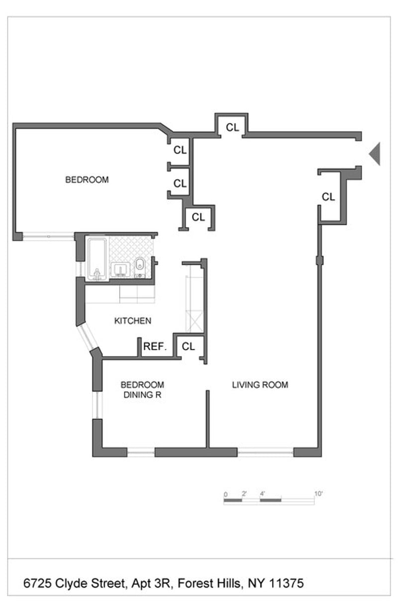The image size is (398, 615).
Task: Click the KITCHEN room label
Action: pyautogui.click(x=132, y=320)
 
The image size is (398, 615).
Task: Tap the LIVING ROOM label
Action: pyautogui.click(x=260, y=385)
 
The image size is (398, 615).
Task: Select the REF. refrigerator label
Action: pyautogui.click(x=155, y=346)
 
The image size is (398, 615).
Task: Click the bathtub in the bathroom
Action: pyautogui.click(x=97, y=259)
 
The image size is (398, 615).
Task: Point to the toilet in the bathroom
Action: pyautogui.click(x=140, y=267)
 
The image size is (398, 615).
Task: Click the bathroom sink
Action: pyautogui.click(x=120, y=270)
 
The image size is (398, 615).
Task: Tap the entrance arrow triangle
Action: pyautogui.click(x=375, y=154)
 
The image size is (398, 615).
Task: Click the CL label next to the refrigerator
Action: pyautogui.click(x=188, y=346)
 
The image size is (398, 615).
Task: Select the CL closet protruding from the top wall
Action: pyautogui.click(x=232, y=127)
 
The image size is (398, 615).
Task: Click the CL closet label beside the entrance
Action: pyautogui.click(x=328, y=197)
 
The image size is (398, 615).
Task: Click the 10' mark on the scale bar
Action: pyautogui.click(x=318, y=494)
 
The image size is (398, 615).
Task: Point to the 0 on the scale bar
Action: pyautogui.click(x=225, y=494)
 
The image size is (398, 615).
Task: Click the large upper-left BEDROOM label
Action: pyautogui.click(x=87, y=180)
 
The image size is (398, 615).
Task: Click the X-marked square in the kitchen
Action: pyautogui.click(x=194, y=321)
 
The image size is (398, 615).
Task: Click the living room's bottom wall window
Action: pyautogui.click(x=266, y=452)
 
